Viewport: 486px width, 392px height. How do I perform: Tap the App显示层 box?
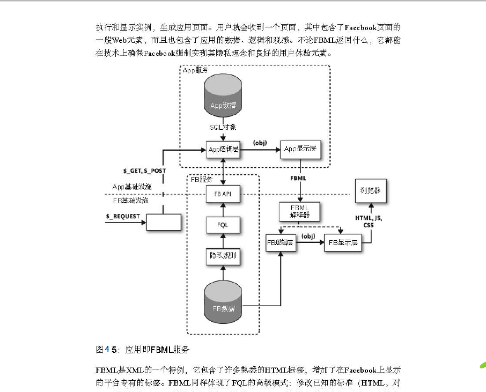[x=301, y=149]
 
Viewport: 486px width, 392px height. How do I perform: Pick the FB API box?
[x=223, y=194]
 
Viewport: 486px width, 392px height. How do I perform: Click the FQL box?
[x=223, y=225]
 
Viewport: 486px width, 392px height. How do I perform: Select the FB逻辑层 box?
[x=281, y=242]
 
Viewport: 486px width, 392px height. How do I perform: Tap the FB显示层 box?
[x=343, y=242]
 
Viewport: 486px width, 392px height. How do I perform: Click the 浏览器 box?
[x=370, y=190]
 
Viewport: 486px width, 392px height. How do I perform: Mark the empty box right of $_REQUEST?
[x=164, y=221]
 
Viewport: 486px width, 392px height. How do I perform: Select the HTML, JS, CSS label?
[x=369, y=221]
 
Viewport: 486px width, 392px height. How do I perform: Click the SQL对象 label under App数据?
[x=223, y=128]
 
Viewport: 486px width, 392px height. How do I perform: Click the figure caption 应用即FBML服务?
[x=143, y=350]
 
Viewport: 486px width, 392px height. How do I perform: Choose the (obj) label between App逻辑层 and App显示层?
[x=260, y=143]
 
